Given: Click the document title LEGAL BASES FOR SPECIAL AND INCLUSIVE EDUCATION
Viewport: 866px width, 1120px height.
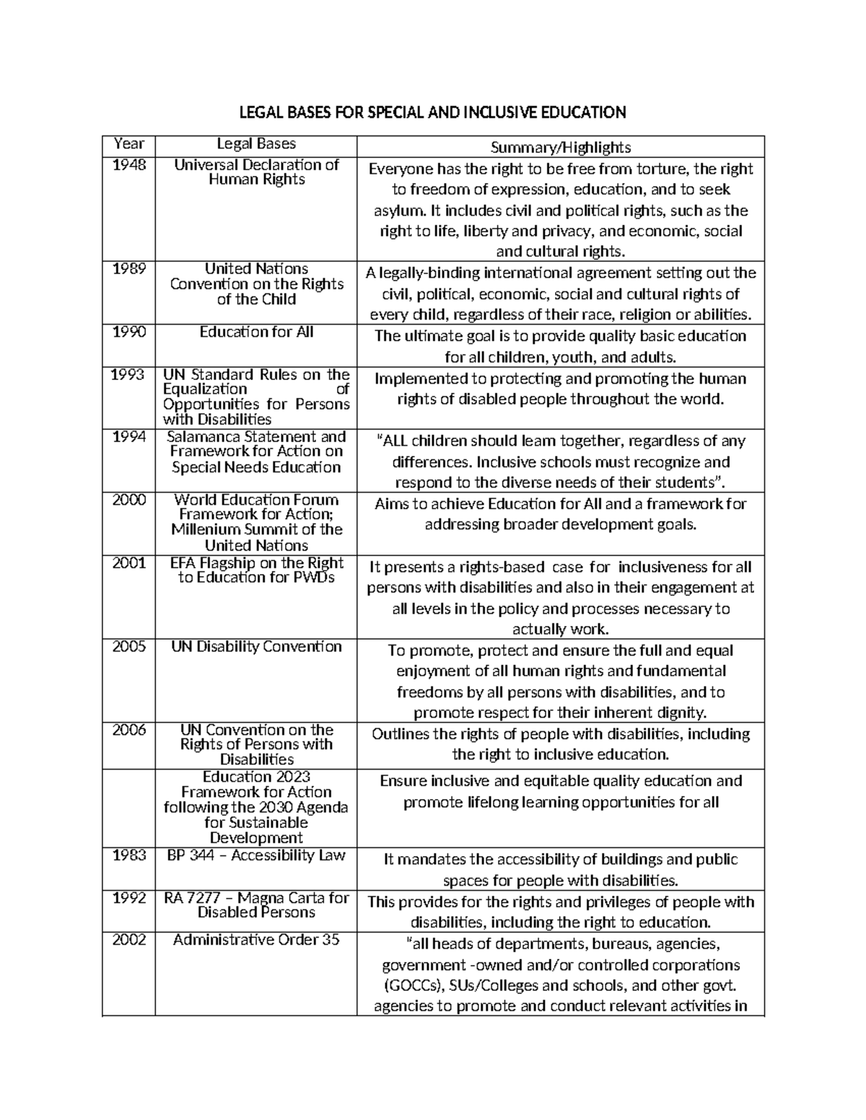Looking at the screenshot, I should coord(432,113).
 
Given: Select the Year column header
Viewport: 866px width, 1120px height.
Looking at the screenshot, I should coord(128,144).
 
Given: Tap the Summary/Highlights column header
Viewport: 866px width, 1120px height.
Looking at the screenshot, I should coord(560,148).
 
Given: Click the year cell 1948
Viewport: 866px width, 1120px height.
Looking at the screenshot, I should coord(128,165).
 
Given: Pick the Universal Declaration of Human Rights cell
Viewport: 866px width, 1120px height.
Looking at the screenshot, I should coord(256,172).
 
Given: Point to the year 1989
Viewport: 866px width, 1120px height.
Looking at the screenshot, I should coord(128,269).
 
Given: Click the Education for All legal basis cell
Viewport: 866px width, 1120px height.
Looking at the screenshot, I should coord(256,332).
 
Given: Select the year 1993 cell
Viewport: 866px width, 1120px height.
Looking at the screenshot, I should coord(128,374).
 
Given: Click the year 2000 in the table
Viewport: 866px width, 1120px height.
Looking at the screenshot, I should coord(128,500).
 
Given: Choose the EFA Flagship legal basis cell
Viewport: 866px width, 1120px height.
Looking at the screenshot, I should coord(256,570).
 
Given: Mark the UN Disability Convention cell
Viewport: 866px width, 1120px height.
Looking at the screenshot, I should coord(256,646).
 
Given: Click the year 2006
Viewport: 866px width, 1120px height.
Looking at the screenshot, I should coord(128,730).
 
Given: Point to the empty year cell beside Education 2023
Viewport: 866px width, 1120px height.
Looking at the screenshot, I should coord(128,808).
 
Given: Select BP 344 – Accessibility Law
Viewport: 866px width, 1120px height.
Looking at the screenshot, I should coord(256,855).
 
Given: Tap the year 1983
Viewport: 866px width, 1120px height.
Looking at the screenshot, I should coord(128,855).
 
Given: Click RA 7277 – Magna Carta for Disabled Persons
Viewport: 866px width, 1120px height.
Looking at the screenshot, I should coord(256,905).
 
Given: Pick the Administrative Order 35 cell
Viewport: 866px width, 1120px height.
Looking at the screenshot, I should coord(256,940).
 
